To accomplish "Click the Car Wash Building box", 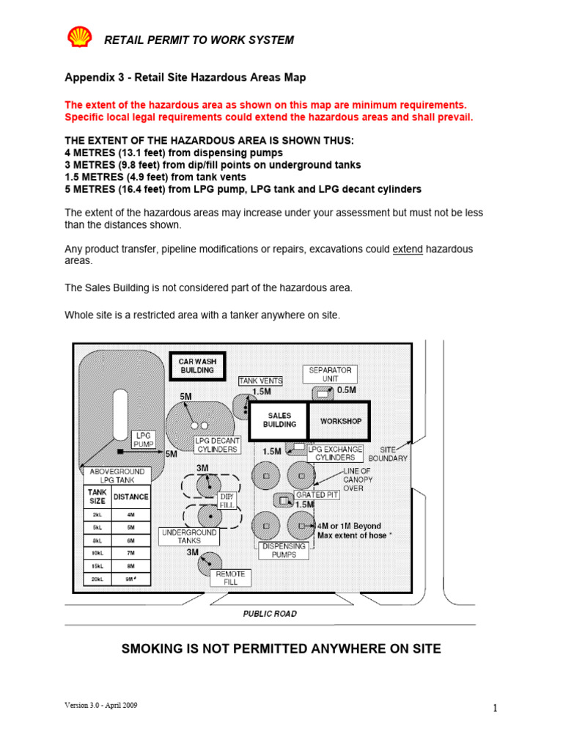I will (197, 366).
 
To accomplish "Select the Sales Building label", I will (279, 420).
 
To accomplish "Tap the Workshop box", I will (341, 421).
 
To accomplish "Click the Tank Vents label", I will (260, 381).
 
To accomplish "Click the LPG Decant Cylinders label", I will (217, 445).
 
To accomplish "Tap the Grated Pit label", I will (317, 495).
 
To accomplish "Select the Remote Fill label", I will (230, 578).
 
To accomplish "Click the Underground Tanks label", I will (188, 536).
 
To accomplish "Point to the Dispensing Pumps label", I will (282, 550).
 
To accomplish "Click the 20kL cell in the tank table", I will (97, 579).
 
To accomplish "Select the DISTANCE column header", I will (130, 497).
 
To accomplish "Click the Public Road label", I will (270, 613).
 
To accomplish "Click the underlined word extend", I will (408, 249).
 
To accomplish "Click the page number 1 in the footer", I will (495, 708).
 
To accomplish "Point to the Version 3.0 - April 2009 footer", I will (100, 705).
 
